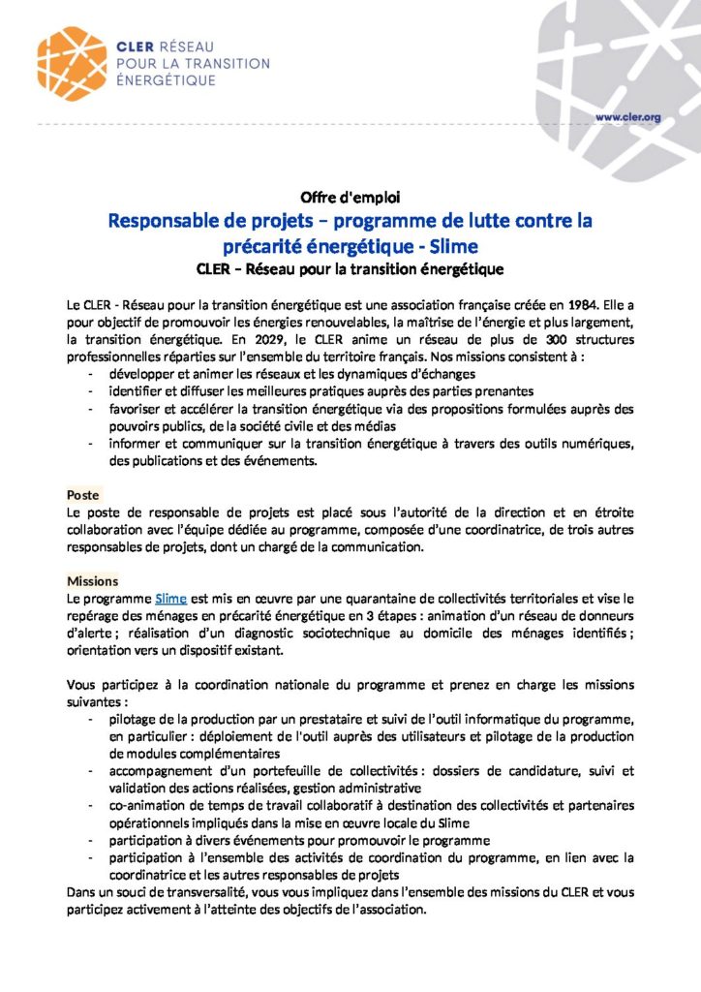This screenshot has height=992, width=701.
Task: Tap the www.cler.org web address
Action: point(627,116)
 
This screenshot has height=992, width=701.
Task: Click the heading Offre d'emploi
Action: point(350,197)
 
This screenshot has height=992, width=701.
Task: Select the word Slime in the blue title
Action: point(450,244)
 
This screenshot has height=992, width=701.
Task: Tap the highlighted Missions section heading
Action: point(93,580)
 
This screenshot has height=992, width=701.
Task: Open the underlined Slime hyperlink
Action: point(170,599)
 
